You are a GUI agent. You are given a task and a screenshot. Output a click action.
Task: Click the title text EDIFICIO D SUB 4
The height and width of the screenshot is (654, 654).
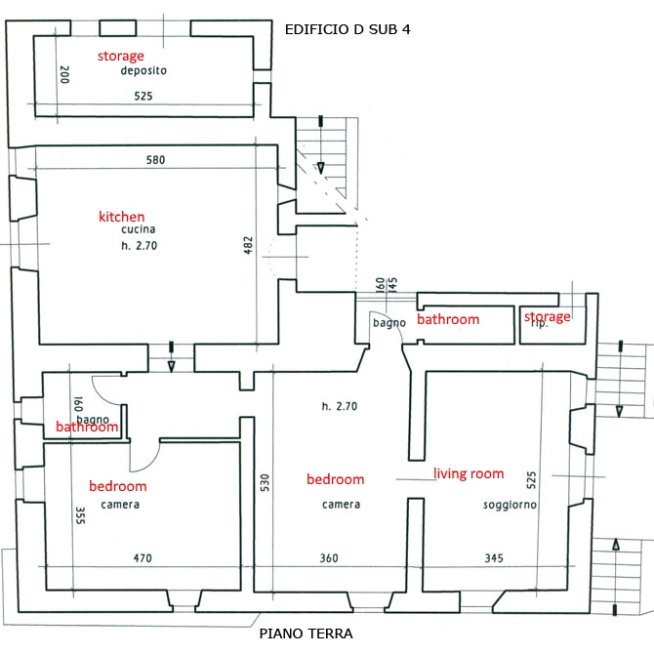coord(347,29)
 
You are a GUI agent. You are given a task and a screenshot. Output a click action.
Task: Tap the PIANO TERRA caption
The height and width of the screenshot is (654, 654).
coord(307,634)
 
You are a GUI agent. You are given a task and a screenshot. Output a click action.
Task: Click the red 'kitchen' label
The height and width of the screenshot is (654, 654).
coord(122,216)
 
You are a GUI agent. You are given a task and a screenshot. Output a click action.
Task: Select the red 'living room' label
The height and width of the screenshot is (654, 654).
coord(469,473)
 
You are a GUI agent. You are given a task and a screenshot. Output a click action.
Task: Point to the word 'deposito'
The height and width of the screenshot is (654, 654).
coord(144,71)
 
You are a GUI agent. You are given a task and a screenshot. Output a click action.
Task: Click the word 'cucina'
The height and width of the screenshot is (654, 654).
coord(140,229)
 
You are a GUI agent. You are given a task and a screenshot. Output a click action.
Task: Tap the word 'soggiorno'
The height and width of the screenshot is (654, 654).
coord(510,505)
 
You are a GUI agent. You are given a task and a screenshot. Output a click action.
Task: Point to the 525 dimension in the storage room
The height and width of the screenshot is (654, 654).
coord(144,96)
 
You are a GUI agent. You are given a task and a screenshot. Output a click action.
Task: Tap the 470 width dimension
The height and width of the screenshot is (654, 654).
coord(143,558)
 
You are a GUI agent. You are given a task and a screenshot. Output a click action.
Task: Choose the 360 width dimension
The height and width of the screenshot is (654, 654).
coord(328,558)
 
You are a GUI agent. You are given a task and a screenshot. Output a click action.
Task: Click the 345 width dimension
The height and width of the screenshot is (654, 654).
coord(494,558)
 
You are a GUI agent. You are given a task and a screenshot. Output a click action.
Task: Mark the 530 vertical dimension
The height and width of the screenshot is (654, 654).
coord(265,485)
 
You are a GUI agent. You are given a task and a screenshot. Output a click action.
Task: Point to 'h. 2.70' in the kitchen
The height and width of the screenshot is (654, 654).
coord(140,246)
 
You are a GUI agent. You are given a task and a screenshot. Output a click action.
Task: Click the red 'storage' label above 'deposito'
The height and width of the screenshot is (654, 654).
coord(120,56)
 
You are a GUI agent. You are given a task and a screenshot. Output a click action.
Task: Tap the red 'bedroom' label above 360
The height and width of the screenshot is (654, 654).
coord(335,479)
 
